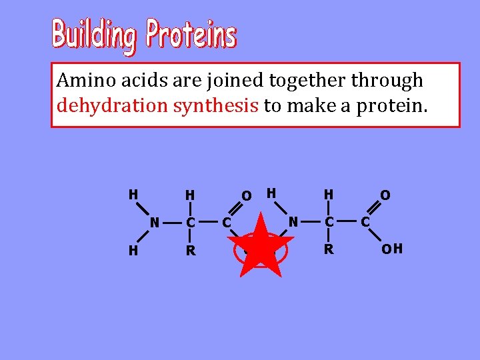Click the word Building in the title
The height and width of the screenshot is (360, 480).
95,35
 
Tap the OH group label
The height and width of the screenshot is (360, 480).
391,250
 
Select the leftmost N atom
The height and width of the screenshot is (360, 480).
154,222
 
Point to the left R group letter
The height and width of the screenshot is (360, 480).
191,251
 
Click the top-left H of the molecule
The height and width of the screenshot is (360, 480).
133,194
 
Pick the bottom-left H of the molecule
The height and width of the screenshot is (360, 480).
133,251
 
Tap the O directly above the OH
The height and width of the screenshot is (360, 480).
385,195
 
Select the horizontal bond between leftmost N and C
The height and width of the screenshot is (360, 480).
171,221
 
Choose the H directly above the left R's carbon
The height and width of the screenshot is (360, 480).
191,195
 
